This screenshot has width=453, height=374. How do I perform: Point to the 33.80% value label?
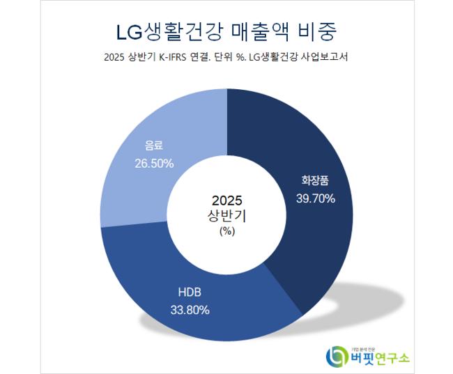coord(190,310)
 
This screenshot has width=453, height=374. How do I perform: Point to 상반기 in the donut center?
coord(227,216)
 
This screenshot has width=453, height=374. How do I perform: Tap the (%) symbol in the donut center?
coord(227,232)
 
